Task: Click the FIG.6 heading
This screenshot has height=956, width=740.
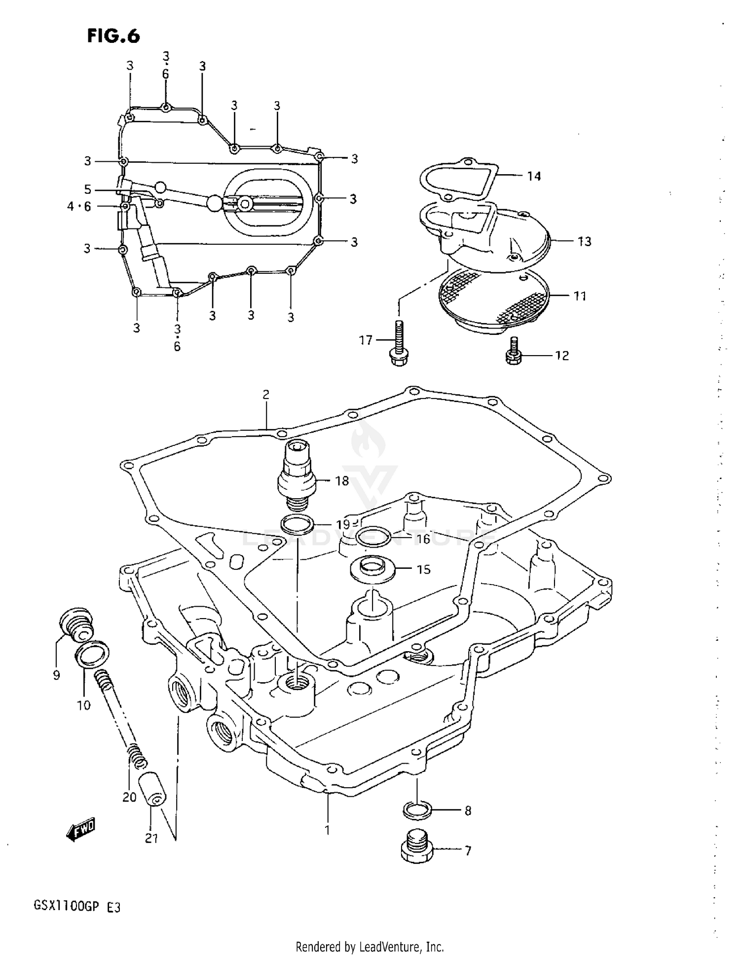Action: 113,36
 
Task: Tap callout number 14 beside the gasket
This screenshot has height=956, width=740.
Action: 534,176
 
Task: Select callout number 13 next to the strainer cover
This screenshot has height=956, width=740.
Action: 584,241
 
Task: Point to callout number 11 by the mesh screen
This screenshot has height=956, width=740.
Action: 580,296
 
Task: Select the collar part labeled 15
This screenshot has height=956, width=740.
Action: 372,569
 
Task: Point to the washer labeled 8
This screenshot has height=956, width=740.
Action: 417,809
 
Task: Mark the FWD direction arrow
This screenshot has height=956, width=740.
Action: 80,830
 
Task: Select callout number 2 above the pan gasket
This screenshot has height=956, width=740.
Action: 266,394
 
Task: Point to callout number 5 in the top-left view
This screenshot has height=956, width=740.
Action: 87,189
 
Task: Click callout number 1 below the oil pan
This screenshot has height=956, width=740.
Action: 327,830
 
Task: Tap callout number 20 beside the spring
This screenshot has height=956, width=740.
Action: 129,797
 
